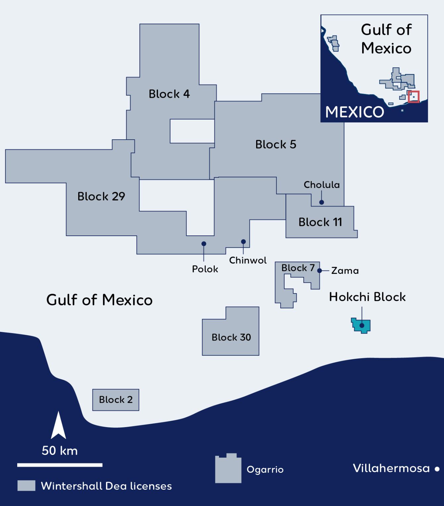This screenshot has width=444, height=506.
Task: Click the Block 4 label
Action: click(x=169, y=94)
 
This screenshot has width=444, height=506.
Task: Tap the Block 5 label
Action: click(x=276, y=145)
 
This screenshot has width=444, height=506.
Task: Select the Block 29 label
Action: click(x=101, y=197)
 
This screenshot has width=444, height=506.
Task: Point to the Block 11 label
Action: click(x=320, y=222)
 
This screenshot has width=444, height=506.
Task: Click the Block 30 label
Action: click(x=231, y=338)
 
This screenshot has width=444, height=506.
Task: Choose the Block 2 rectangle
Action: click(x=116, y=400)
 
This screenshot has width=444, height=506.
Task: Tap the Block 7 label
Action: click(x=298, y=268)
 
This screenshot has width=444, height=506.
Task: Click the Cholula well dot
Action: click(x=321, y=202)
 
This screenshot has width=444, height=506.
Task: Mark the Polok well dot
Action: click(x=204, y=244)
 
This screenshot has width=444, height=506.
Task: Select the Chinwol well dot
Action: click(x=243, y=242)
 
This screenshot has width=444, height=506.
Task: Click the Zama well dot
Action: click(x=319, y=271)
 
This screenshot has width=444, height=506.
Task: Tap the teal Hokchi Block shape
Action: click(x=361, y=325)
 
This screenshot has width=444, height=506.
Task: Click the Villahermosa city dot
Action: click(x=437, y=469)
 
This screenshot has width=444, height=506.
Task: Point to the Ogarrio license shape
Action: click(x=228, y=469)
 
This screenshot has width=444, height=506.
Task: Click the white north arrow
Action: click(x=59, y=426)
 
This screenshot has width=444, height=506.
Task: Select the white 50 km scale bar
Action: click(x=60, y=465)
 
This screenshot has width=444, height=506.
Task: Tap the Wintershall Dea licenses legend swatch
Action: click(x=26, y=486)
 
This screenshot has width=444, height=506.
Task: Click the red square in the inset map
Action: click(x=413, y=97)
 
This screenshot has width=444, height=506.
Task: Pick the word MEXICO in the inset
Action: click(x=355, y=112)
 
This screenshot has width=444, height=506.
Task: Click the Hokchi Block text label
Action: click(x=367, y=297)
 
